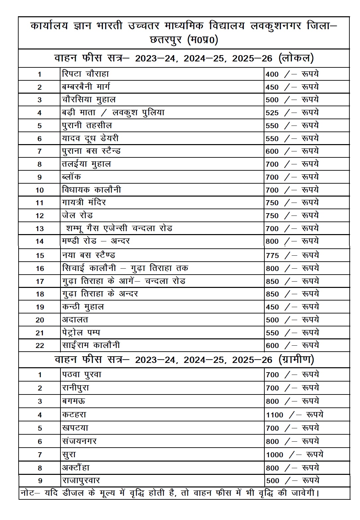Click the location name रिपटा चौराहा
coord(85,74)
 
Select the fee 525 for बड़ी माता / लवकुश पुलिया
coord(272,113)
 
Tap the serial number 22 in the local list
coord(40,346)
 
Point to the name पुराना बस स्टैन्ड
coord(91,151)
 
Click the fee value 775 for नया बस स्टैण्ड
coord(272,255)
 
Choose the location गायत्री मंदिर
coord(84,202)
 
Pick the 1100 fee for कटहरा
coord(275,415)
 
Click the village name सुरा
coord(69,455)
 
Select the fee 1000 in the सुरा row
coord(275,455)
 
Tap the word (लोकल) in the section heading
coord(296,58)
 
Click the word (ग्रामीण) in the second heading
coord(296,360)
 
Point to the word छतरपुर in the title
coord(166,40)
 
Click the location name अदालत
coord(75,320)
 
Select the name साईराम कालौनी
coord(91,345)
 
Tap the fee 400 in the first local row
coord(272,74)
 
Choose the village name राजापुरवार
coord(81,480)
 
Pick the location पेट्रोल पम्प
coord(81,332)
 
